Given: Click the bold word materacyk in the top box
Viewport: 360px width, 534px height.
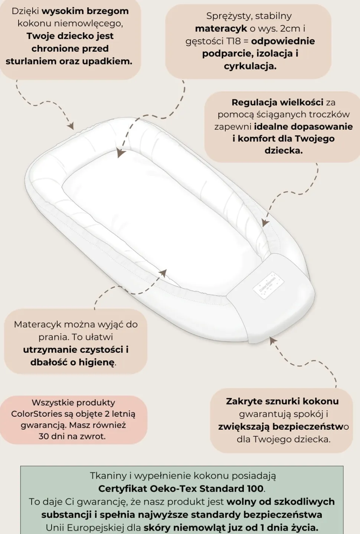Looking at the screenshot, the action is pos(221,29).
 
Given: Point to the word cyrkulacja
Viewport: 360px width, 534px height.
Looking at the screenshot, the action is pos(250,66).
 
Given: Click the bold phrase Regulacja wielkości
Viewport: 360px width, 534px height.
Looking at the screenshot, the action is pos(277,102).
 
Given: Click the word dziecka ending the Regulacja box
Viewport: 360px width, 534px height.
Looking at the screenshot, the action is pos(284,151).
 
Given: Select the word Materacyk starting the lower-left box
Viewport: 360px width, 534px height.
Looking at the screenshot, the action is pos(37,325).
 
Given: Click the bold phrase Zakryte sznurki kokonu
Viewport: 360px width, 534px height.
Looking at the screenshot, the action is pos(282,401).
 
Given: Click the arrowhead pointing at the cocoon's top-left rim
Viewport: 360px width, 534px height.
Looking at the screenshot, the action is pos(71,126).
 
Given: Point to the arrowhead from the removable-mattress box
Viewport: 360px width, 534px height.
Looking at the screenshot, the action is pos(163,273).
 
